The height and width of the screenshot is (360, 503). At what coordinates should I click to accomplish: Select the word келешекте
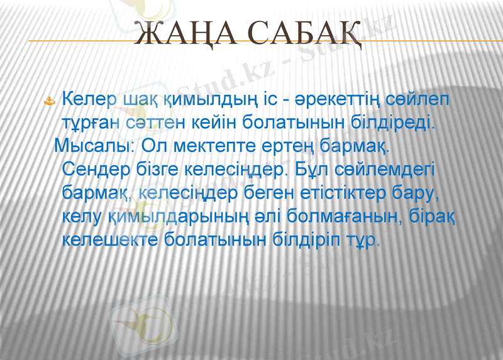click(111, 240)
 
